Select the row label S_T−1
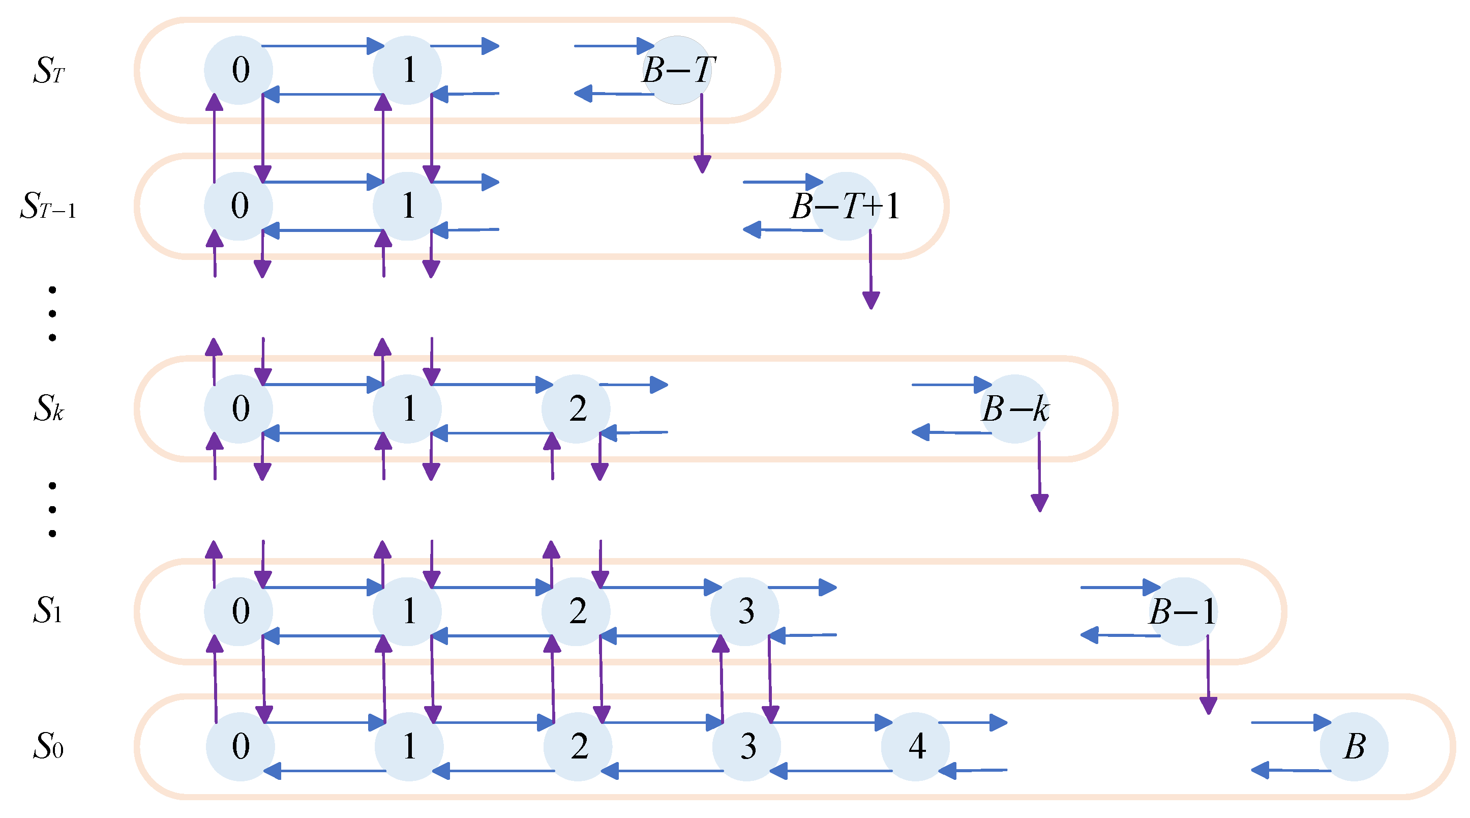48,206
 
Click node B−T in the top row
677,70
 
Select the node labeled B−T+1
846,206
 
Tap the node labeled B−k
1014,408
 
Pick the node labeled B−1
1183,611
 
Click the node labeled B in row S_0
1354,746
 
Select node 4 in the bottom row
916,746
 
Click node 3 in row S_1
745,611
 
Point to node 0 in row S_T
239,70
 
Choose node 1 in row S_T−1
407,206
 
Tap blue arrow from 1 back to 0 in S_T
323,94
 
